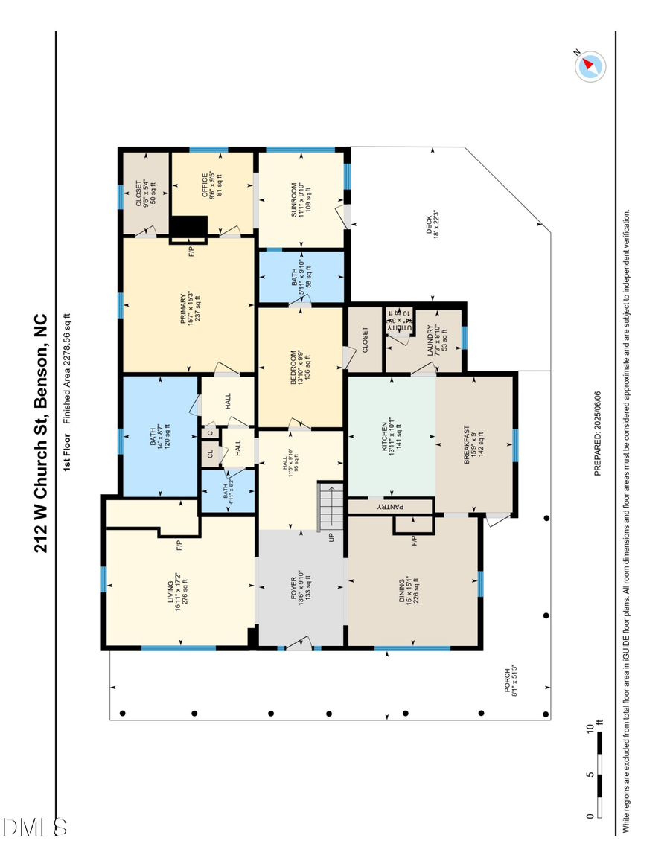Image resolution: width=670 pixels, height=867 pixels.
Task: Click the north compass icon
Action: (590, 66)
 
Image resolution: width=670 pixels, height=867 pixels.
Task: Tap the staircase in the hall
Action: (331, 507)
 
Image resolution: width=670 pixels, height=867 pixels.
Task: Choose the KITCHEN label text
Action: (391, 435)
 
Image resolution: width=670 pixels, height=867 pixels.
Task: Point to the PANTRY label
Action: (390, 507)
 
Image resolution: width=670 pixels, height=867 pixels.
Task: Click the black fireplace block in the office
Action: (188, 226)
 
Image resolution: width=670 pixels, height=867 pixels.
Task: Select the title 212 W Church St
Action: (42, 432)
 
